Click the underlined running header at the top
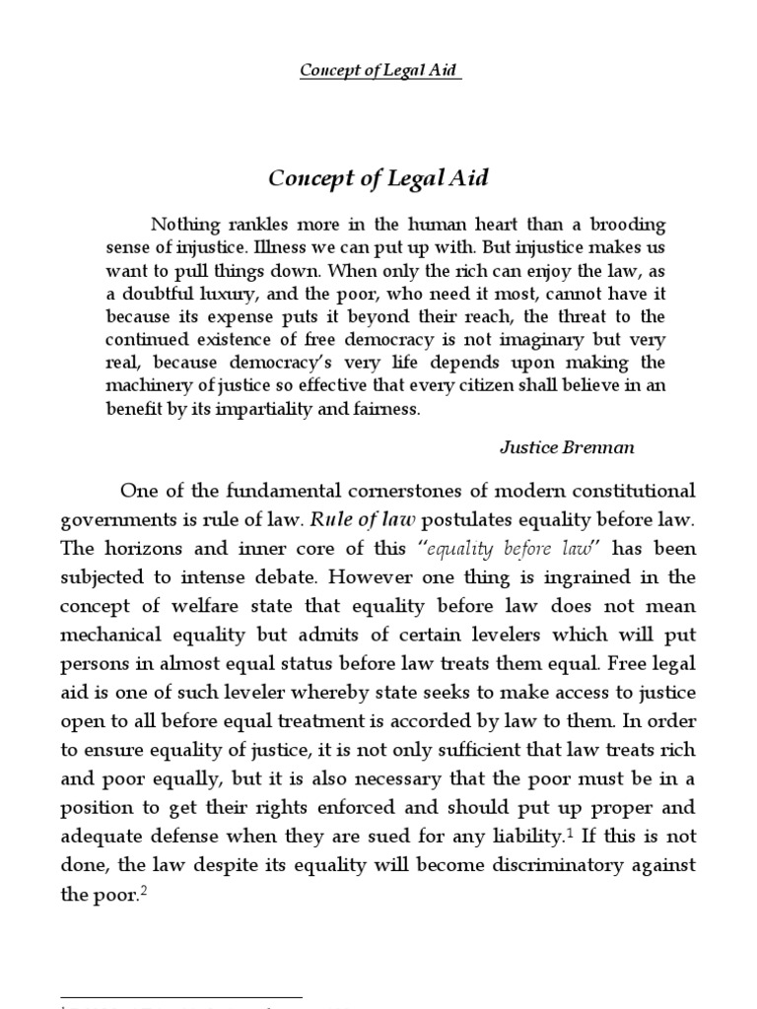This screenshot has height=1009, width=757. click(379, 71)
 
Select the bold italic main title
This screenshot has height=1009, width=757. click(379, 178)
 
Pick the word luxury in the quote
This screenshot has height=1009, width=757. click(225, 293)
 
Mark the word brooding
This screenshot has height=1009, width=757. click(624, 224)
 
